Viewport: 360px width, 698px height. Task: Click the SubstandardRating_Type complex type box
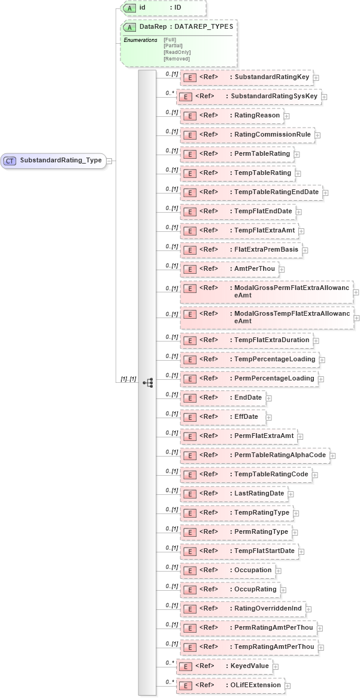53,161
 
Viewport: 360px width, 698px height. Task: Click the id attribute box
163,8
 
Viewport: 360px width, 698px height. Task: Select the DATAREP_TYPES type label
204,27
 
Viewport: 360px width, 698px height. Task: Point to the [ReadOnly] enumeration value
177,52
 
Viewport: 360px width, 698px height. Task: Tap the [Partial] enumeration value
173,46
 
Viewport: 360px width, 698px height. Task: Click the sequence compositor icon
147,382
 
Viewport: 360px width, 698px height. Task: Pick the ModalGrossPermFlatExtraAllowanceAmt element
266,291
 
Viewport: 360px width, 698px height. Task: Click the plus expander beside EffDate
269,417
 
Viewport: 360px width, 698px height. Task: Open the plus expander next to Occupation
278,570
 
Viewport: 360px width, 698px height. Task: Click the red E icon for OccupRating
189,590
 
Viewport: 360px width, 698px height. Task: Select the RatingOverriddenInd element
242,609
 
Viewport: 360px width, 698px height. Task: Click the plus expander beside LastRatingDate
291,494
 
